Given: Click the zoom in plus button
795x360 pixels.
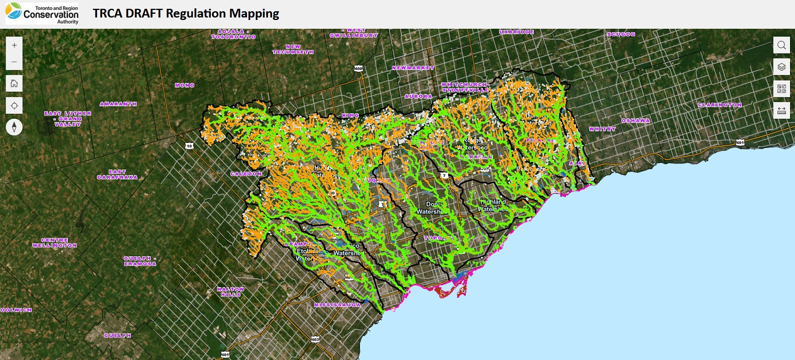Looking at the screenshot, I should click(x=14, y=45).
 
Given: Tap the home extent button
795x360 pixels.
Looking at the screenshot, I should click(x=14, y=83).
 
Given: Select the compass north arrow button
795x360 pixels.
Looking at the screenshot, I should click(x=14, y=127).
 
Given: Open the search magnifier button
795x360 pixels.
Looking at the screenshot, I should click(x=781, y=45).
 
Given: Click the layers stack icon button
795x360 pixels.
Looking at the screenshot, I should click(x=781, y=67).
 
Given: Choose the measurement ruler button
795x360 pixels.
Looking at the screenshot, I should click(x=781, y=110).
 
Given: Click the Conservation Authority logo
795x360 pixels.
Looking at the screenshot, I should click(x=42, y=13).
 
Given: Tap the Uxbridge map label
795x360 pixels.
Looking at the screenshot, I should click(x=517, y=32).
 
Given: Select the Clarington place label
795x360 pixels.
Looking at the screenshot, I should click(x=720, y=105).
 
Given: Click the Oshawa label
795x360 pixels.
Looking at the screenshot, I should click(x=635, y=120).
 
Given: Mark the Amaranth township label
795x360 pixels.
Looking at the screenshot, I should click(x=118, y=104).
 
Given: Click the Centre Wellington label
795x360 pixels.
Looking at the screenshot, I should click(x=54, y=243).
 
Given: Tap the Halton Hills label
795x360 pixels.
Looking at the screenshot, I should click(x=230, y=292).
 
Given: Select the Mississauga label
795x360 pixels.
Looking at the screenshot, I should click(x=337, y=305).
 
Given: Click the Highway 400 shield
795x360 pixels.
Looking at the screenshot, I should click(x=359, y=68).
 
